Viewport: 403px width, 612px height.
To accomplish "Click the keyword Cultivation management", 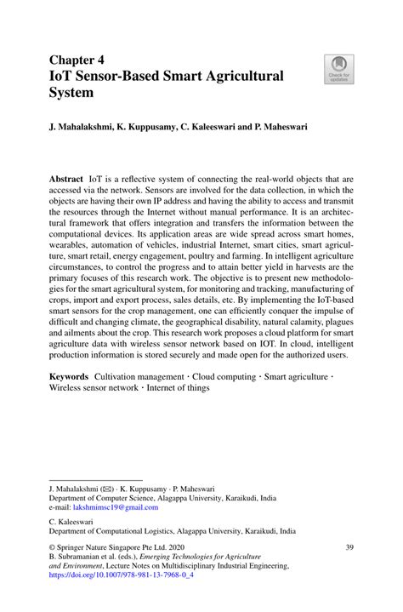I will pos(136,375).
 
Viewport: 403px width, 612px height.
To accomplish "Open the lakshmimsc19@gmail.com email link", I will pos(116,507).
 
